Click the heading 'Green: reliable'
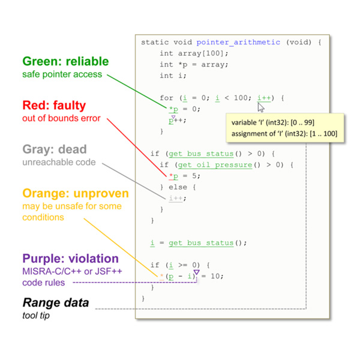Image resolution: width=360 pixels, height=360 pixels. [65, 61]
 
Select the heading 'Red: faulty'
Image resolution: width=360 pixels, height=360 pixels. [54, 106]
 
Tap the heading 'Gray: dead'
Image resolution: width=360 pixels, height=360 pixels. [55, 149]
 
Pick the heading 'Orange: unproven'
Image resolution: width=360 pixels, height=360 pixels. [76, 193]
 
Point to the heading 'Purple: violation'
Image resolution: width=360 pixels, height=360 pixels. [70, 259]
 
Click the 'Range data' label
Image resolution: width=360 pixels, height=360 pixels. [56, 302]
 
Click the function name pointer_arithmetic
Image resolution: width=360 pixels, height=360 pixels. [238, 42]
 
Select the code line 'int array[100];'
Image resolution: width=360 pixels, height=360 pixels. [194, 53]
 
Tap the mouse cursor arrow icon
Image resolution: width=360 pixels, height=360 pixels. [261, 107]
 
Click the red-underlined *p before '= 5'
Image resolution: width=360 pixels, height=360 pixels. [173, 176]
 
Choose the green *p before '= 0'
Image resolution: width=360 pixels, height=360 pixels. [173, 109]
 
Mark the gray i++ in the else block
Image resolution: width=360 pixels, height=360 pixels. [176, 198]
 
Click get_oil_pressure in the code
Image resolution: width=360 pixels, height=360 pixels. [215, 165]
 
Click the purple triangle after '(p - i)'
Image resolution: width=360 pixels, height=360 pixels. [197, 272]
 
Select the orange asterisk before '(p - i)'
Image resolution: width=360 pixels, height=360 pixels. [161, 276]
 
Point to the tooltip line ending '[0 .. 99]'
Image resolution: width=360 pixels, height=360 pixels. [273, 122]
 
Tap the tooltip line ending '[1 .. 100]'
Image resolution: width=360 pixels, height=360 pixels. [284, 134]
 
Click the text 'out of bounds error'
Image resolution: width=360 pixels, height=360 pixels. [61, 118]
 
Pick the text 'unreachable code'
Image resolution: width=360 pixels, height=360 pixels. [59, 162]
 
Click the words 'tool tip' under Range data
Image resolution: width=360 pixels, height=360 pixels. [36, 316]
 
